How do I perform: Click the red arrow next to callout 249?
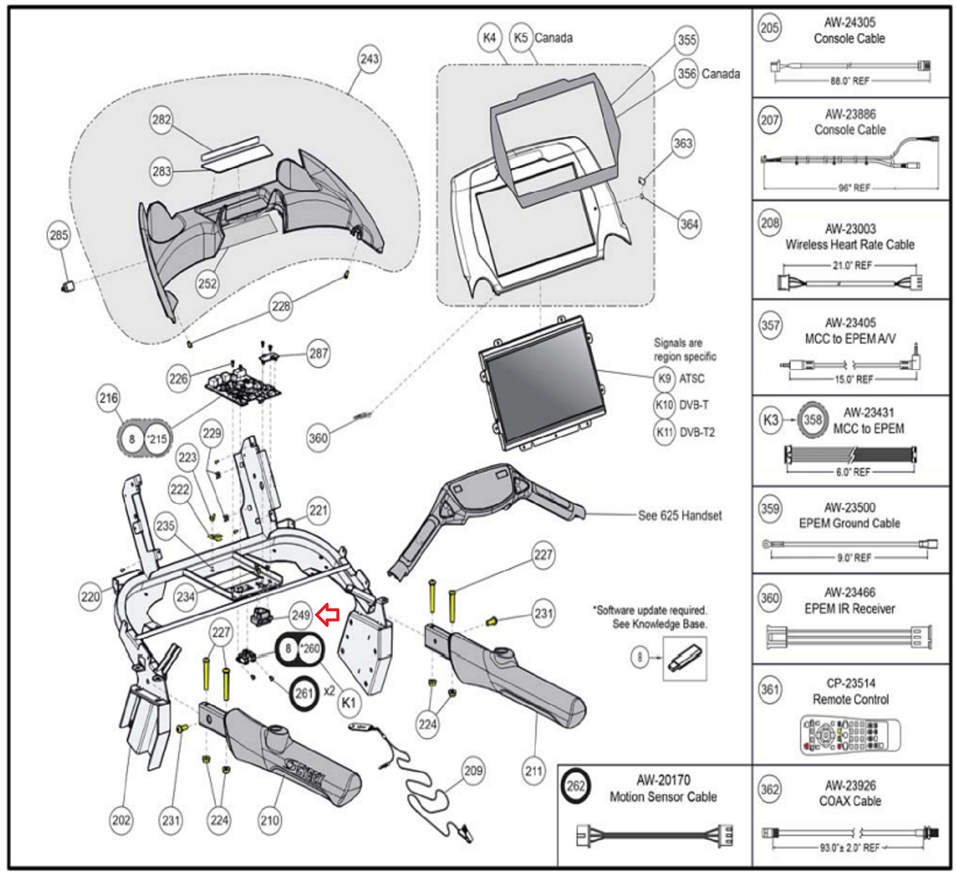pos(328,614)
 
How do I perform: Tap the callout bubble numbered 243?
pos(369,59)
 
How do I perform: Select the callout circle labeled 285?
pos(59,235)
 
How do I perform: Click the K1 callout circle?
pos(348,703)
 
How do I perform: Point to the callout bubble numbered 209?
pos(473,771)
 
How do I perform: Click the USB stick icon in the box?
pos(685,658)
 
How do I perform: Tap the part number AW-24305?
pos(850,23)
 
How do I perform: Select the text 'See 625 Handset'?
pos(679,516)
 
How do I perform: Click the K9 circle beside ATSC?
pos(664,378)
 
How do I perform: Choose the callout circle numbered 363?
pos(682,143)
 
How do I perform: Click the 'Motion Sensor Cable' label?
pos(663,797)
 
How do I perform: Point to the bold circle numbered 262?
pos(575,786)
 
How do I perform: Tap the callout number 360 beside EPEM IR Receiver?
pos(770,598)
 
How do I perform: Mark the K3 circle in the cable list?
pos(771,419)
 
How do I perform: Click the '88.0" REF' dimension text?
pos(849,81)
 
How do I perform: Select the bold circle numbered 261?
pos(304,693)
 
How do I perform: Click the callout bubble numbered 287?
pos(318,353)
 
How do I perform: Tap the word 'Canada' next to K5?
pos(553,38)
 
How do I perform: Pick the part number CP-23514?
pos(850,684)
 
